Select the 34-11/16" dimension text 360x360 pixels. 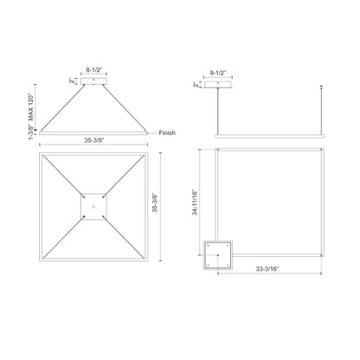pyautogui.click(x=200, y=204)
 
